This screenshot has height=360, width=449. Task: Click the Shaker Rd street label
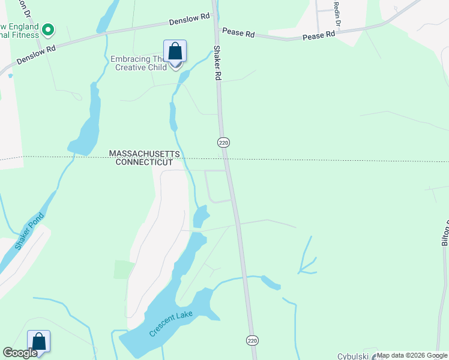(218, 62)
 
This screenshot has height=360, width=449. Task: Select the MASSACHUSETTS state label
(145, 154)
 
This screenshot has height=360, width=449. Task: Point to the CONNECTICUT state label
(144, 163)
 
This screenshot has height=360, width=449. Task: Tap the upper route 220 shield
(223, 142)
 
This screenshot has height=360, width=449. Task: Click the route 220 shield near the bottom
(252, 340)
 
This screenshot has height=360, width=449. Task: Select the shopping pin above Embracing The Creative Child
(175, 52)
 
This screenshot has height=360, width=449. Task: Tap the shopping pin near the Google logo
(38, 342)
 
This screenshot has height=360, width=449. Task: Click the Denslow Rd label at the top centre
(188, 20)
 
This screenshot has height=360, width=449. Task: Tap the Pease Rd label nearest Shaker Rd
(238, 32)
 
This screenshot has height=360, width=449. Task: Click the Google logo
(20, 353)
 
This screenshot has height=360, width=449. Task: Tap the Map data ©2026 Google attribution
(412, 355)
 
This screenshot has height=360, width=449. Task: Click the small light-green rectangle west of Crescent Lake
(124, 269)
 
